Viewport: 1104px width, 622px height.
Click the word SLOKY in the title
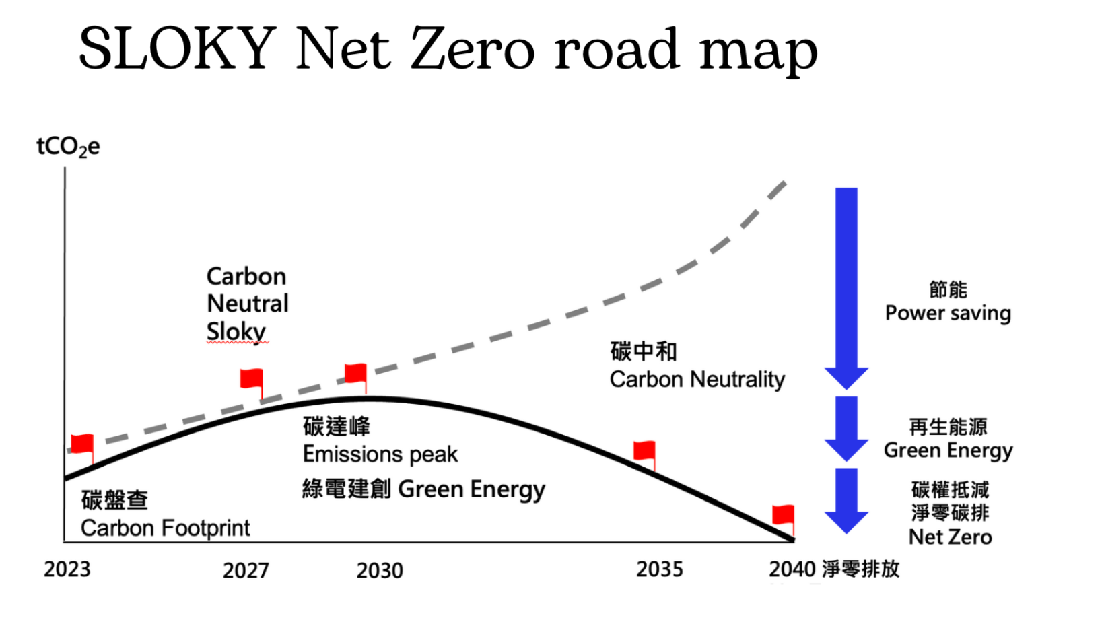click(177, 48)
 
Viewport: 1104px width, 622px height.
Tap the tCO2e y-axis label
click(68, 147)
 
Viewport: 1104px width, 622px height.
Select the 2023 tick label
click(67, 569)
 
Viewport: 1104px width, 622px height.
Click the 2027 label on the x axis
click(246, 571)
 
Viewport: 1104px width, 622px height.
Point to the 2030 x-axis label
click(380, 571)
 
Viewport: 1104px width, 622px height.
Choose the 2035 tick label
click(660, 569)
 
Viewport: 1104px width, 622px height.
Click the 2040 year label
click(792, 569)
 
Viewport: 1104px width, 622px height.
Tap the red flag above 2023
click(83, 444)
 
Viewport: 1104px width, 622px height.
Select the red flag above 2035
click(644, 451)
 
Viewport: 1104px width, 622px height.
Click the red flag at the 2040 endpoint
click(783, 516)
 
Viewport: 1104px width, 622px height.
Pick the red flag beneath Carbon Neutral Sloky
click(252, 379)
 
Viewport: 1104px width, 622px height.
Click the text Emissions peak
click(380, 454)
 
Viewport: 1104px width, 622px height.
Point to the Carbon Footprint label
click(165, 528)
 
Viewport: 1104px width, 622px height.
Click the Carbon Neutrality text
click(697, 380)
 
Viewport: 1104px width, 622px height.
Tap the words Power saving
click(948, 313)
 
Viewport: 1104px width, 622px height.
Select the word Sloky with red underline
click(236, 331)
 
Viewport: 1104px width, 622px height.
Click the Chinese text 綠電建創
click(346, 489)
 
